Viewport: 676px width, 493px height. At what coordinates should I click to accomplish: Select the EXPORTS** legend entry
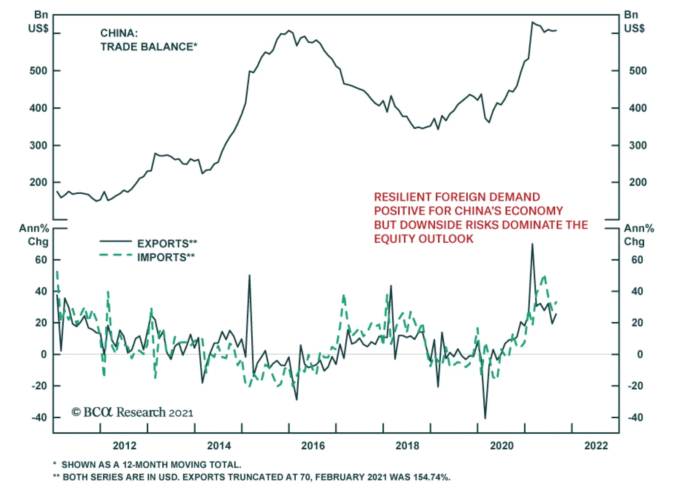pos(167,244)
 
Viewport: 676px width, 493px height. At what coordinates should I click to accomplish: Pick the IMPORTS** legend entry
pos(166,257)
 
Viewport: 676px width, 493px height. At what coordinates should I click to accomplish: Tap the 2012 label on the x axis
pos(125,446)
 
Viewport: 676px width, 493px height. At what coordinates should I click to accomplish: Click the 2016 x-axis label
pos(313,446)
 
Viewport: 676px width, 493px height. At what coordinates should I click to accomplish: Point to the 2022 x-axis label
pos(596,446)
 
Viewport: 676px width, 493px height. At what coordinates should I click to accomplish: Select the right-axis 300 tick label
pos(638,146)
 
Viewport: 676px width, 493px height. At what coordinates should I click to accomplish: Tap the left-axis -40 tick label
pos(39,417)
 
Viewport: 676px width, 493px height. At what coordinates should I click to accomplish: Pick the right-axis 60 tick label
pos(637,260)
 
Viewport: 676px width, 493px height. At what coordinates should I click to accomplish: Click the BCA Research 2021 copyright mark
pos(132,412)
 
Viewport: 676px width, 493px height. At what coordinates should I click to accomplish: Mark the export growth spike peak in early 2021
pos(532,244)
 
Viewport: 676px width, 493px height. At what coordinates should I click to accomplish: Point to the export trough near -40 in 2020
pos(485,418)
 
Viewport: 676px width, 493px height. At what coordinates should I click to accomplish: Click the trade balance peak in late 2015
pos(289,30)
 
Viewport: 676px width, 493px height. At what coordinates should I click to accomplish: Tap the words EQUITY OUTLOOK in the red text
pos(423,239)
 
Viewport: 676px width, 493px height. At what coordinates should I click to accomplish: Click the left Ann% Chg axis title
pos(35,235)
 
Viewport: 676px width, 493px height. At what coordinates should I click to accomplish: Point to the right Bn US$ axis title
pos(634,22)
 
